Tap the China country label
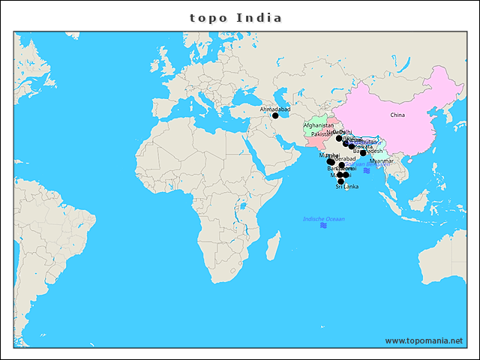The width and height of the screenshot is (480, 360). [397, 115]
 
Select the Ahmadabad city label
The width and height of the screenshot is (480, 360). [274, 109]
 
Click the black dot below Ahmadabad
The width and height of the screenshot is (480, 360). [275, 115]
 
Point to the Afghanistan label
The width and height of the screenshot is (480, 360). [318, 125]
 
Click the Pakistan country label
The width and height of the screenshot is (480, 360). [321, 134]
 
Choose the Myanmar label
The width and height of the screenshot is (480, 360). [382, 161]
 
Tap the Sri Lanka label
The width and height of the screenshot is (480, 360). [346, 186]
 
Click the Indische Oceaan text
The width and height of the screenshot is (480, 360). [323, 219]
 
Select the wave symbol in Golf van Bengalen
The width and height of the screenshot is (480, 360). [367, 171]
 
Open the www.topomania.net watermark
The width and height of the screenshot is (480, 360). [424, 340]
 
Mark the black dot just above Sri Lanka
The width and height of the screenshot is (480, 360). [341, 181]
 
